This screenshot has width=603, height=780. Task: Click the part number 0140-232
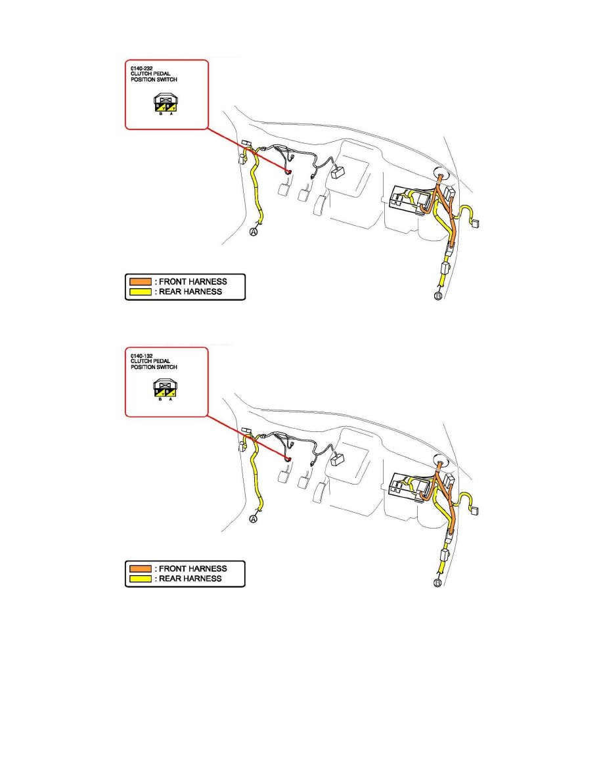(141, 66)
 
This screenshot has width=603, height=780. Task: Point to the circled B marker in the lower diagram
(439, 583)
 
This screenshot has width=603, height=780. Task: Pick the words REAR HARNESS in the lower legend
(190, 578)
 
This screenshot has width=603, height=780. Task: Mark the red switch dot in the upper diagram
(288, 171)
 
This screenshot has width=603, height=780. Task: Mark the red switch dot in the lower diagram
(288, 458)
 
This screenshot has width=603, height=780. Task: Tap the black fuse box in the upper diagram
(407, 199)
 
